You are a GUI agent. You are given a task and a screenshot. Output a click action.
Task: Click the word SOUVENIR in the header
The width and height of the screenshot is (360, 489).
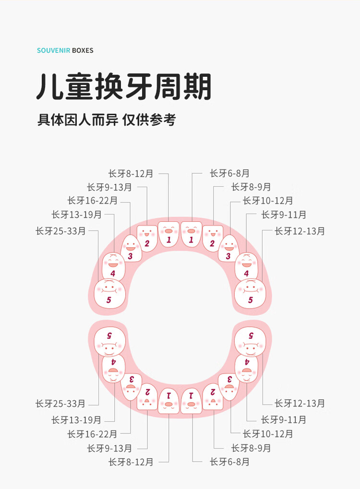point(54,50)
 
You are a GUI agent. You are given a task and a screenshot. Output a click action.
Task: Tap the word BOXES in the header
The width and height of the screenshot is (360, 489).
point(83,50)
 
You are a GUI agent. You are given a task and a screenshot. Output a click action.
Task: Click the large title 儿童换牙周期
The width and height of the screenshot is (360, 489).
point(124,87)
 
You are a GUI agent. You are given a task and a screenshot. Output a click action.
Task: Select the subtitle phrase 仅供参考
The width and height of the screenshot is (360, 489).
point(149,120)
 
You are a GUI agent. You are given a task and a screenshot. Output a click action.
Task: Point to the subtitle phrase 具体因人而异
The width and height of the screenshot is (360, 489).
point(78,120)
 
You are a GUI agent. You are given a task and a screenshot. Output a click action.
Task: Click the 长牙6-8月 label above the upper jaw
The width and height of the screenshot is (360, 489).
point(229,173)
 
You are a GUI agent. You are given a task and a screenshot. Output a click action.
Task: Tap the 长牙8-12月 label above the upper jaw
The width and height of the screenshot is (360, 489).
point(131,173)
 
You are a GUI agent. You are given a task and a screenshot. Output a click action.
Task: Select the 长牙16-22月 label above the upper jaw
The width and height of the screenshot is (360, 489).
point(92,200)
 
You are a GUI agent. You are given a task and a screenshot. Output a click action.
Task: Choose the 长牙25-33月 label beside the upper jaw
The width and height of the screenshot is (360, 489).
point(60,231)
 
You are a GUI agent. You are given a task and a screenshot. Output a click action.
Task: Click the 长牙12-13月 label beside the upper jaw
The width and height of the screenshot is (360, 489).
point(300,231)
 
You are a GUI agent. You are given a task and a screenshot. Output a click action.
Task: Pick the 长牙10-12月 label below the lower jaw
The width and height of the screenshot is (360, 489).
point(268,433)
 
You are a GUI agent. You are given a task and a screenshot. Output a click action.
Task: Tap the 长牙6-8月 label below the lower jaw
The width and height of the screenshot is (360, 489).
point(229,462)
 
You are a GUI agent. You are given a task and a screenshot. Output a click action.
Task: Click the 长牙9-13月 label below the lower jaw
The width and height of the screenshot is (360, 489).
point(109,448)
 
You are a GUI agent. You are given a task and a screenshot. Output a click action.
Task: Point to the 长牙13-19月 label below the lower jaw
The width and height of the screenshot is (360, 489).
point(76,420)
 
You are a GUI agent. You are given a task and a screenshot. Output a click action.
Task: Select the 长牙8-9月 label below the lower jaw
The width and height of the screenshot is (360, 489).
point(251,448)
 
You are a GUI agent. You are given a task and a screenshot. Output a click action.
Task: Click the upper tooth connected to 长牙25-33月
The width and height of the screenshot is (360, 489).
point(110,294)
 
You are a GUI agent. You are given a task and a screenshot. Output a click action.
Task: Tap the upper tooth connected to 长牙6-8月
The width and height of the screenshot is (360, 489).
point(191,234)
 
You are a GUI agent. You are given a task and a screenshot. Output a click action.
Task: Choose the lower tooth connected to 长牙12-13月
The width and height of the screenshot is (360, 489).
point(250,342)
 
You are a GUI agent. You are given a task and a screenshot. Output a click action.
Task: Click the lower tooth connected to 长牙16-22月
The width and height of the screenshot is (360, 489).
point(132,387)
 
